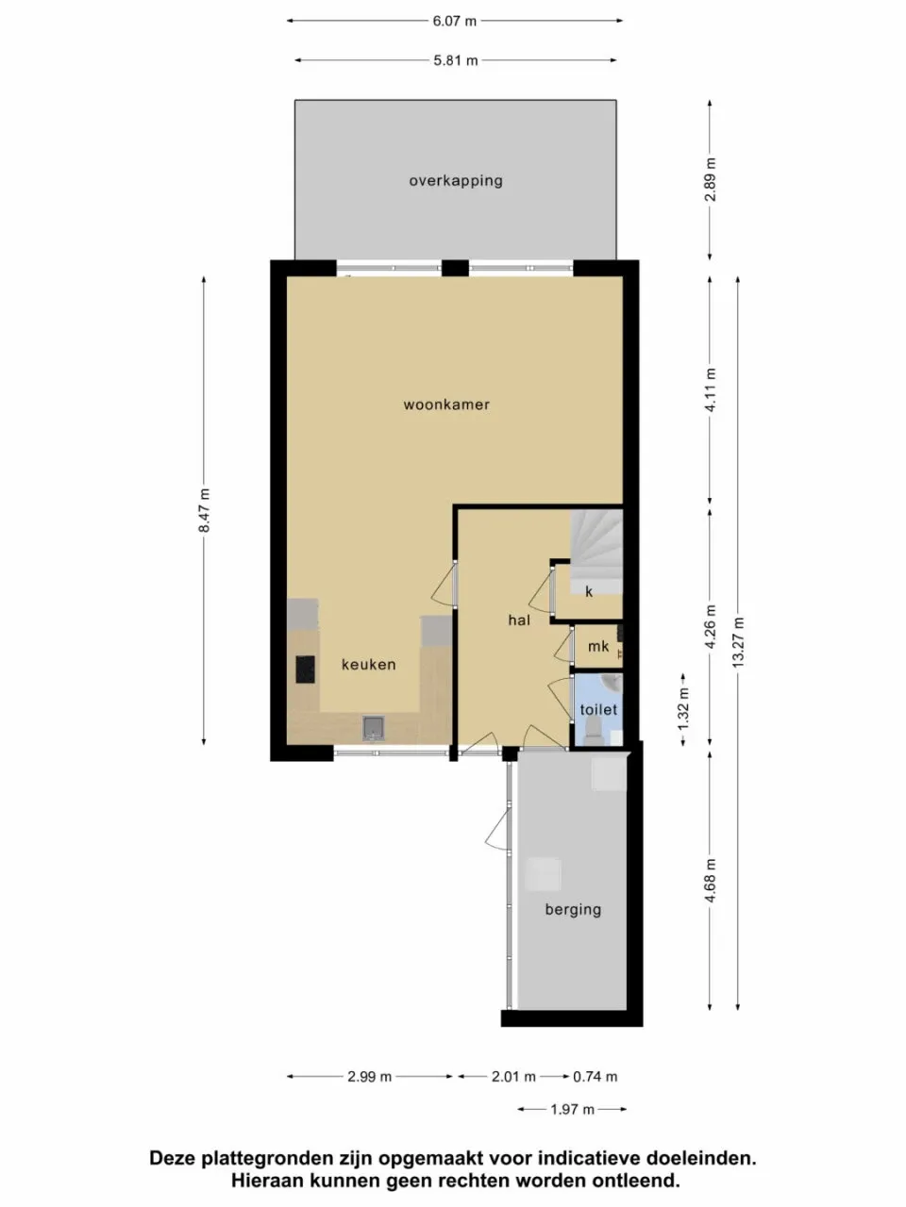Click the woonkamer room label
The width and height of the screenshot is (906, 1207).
[446, 405]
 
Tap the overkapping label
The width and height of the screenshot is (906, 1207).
[455, 181]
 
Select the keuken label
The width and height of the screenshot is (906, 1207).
[368, 665]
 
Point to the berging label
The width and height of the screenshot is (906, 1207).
[572, 910]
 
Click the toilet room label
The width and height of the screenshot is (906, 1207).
[598, 710]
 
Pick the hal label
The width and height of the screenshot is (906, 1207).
[518, 620]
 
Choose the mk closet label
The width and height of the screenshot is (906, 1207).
[597, 647]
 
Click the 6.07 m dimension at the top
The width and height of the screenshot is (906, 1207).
[455, 20]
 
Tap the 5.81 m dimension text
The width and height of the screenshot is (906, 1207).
[455, 60]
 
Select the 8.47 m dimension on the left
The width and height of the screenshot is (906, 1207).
[204, 510]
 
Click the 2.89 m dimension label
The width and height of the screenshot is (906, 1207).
[711, 179]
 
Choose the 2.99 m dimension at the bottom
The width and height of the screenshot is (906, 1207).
[369, 1076]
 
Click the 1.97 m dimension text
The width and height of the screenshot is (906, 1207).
[572, 1110]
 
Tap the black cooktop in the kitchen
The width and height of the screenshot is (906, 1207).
[305, 670]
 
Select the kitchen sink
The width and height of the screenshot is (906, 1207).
[374, 727]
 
